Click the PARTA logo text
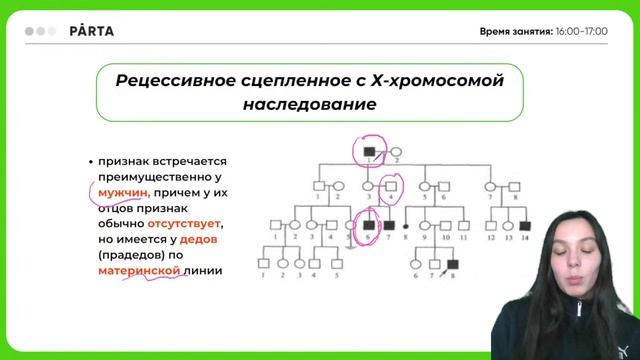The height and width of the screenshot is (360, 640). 92,31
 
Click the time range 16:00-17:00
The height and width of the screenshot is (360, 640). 582,31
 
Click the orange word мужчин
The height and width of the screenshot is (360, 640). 124,193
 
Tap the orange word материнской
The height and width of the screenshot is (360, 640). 140,271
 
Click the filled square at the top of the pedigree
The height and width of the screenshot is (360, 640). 372,147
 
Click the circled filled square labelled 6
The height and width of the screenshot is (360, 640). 369,226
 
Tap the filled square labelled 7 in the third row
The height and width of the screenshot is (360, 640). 389,226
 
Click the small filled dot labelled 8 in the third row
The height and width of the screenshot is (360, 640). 406,226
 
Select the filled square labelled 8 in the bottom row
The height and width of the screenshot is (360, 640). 452,264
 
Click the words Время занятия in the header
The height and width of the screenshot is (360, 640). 515,31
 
